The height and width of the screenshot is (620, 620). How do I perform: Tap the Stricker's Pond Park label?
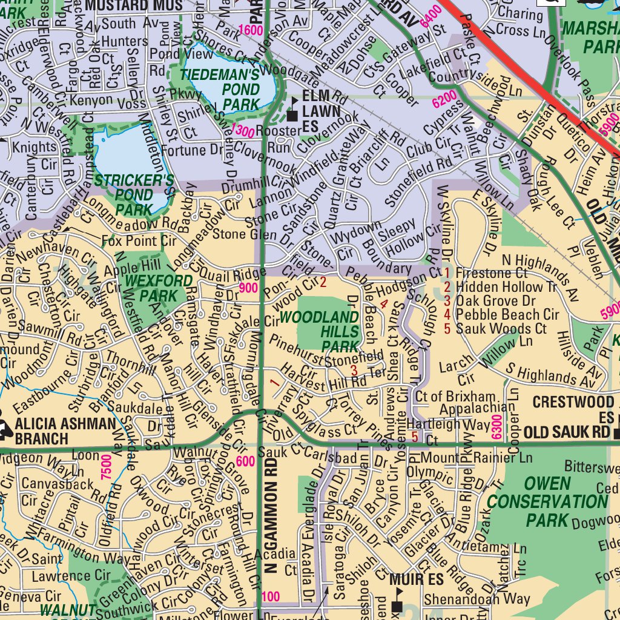134,195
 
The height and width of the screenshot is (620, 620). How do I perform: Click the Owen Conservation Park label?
547,501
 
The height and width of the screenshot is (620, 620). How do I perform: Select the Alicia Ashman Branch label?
65,430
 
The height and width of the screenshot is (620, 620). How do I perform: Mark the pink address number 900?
248,289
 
